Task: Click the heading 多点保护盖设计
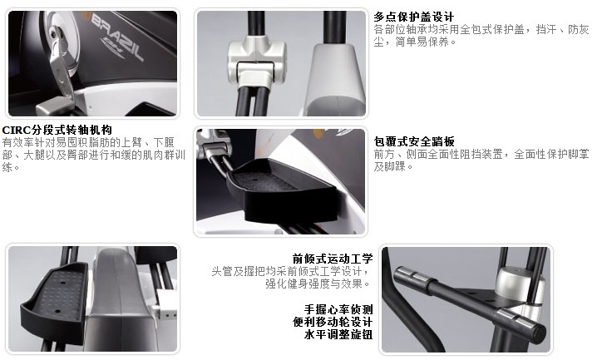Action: point(414,17)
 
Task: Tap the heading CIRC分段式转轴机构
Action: point(57,130)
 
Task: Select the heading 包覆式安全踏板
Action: point(414,141)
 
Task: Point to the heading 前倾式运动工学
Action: point(333,259)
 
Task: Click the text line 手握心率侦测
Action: point(338,309)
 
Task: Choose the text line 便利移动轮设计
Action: point(333,322)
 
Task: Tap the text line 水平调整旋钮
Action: point(338,334)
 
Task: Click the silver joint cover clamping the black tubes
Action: point(256,60)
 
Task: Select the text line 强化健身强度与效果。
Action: point(318,284)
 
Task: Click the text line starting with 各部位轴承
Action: point(481,30)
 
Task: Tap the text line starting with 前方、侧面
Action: point(481,155)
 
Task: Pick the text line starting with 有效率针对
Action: point(88,143)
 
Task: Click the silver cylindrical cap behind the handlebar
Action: point(516,285)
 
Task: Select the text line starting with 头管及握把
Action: point(291,271)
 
